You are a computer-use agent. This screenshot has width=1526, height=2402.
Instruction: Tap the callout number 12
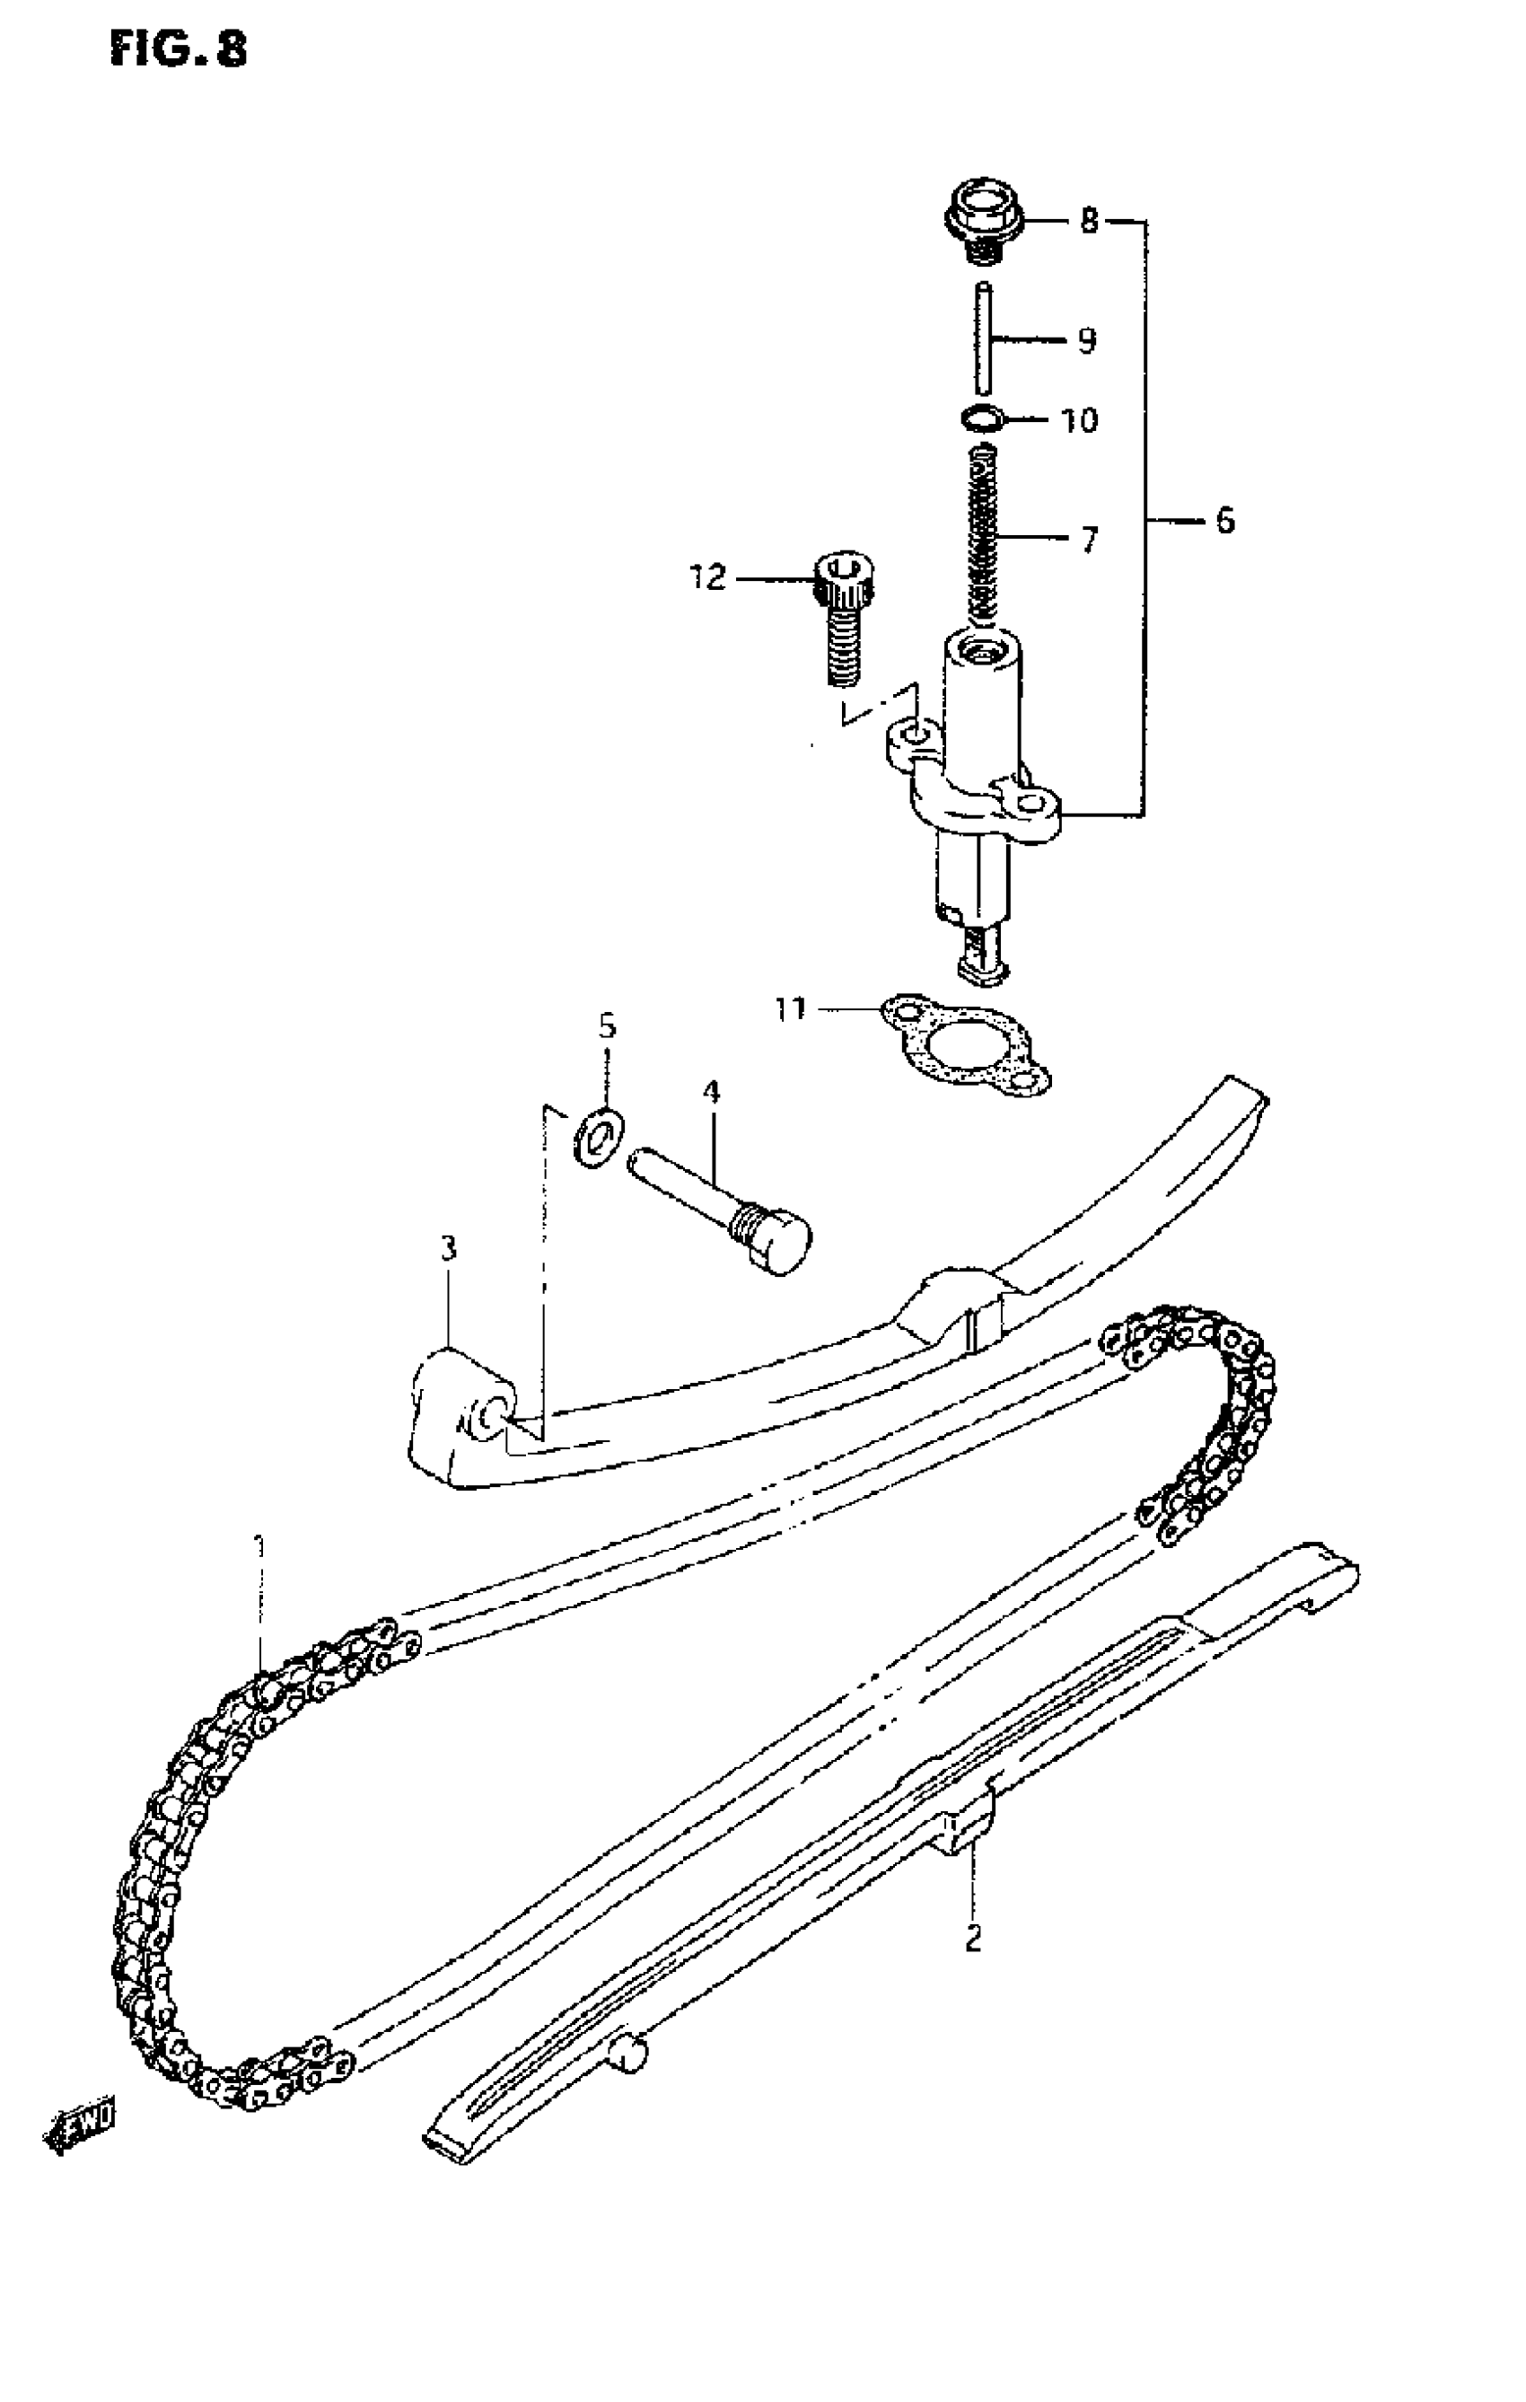(708, 577)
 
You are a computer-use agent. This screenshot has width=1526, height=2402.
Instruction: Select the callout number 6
(1224, 521)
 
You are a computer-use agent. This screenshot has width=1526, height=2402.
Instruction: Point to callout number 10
(1078, 420)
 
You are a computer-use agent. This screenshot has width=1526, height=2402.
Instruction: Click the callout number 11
(790, 1009)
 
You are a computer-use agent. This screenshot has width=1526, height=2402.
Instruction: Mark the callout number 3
(449, 1248)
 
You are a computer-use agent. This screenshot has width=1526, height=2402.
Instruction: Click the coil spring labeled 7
(986, 533)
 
